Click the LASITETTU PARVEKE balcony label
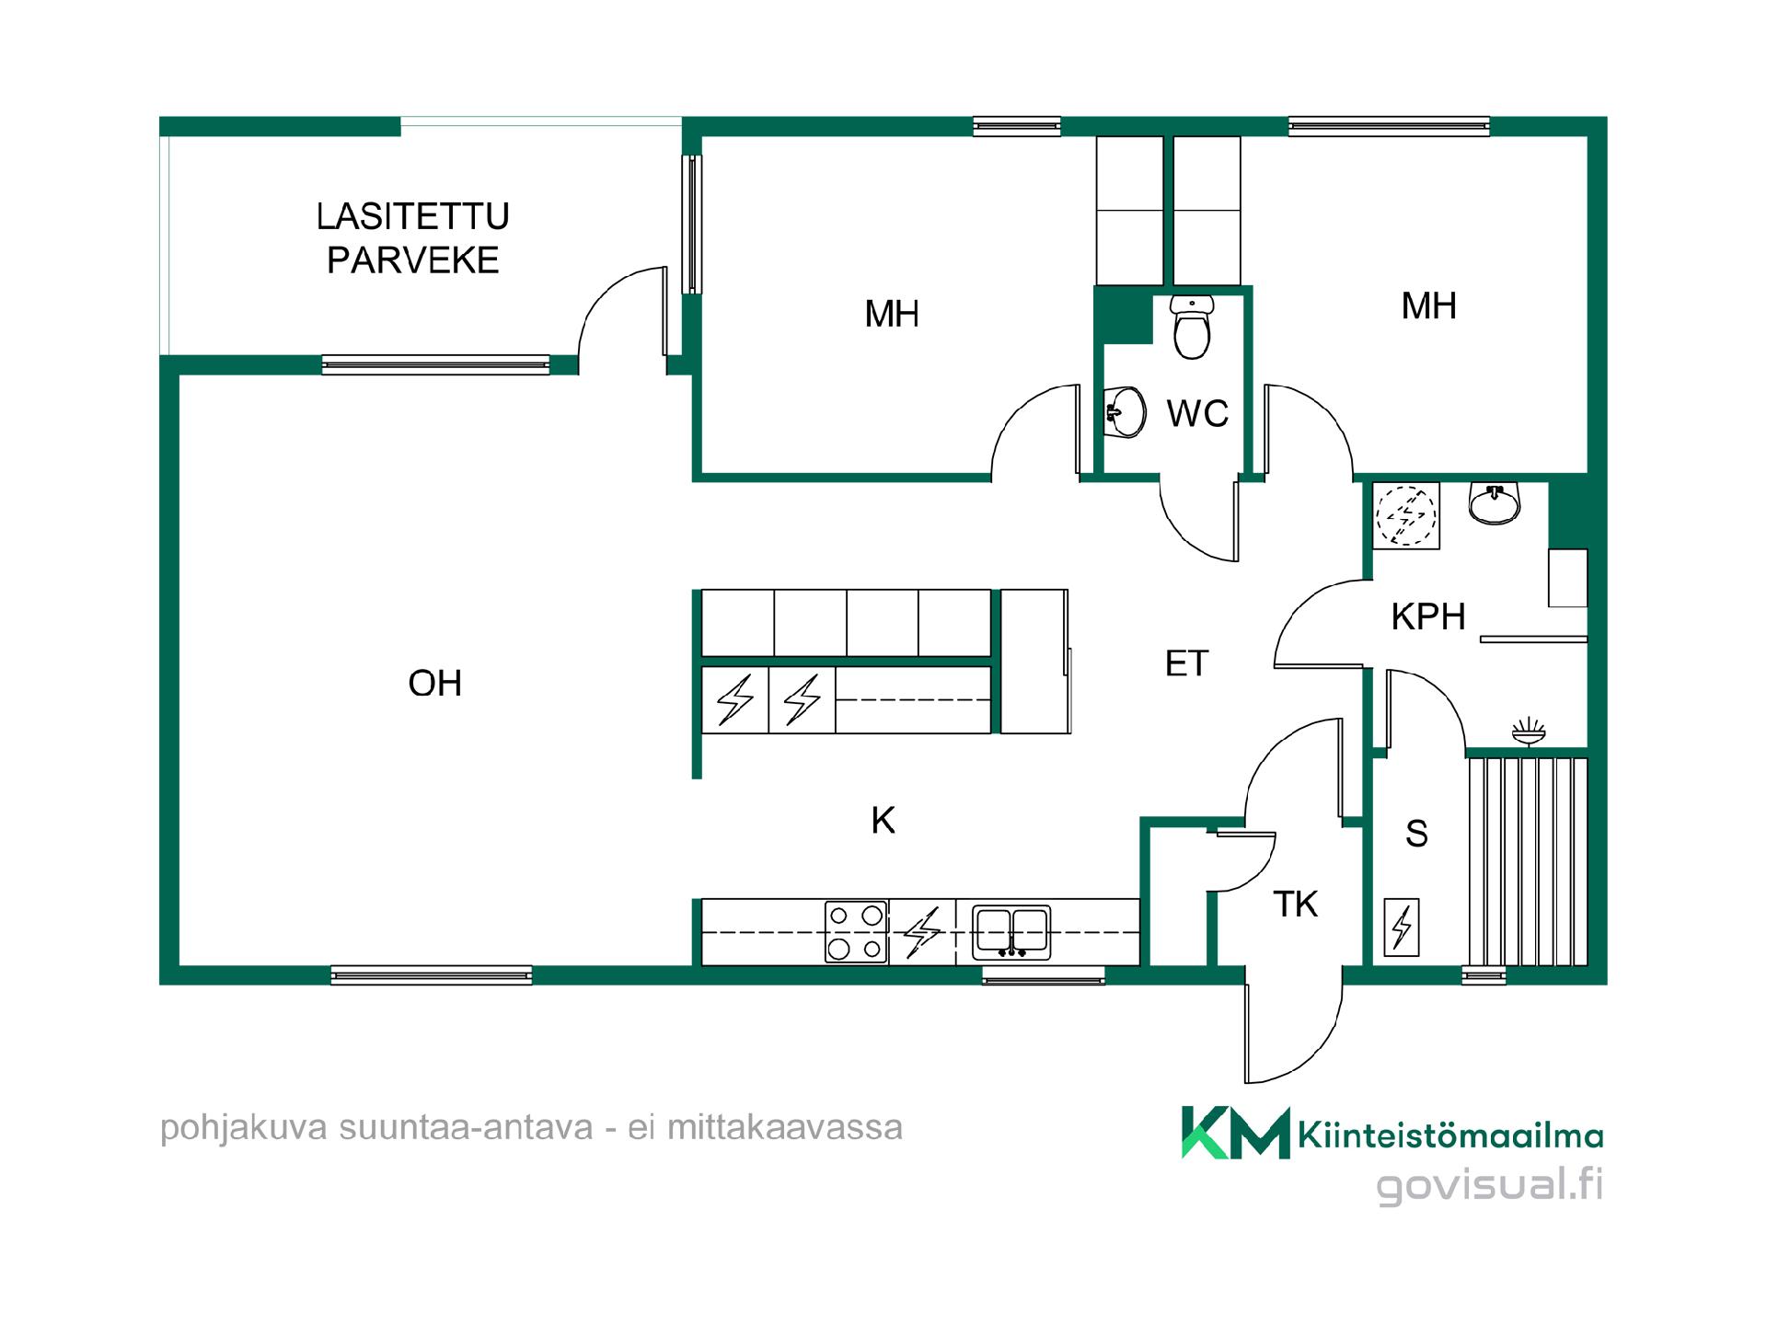[x=412, y=238]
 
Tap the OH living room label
[x=435, y=684]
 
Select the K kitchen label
[x=883, y=820]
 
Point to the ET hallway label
[x=1186, y=663]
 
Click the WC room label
[x=1197, y=414]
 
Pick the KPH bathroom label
[x=1428, y=616]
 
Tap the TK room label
[x=1296, y=904]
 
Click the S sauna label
[x=1416, y=834]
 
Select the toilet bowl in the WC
[x=1193, y=328]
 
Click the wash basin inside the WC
[x=1125, y=412]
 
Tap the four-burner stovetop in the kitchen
[x=856, y=931]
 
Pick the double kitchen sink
[x=1011, y=933]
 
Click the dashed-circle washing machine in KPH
[x=1405, y=515]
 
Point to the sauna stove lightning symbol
[x=1402, y=927]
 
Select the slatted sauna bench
[x=1528, y=861]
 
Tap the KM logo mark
[x=1236, y=1132]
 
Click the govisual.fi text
[x=1489, y=1184]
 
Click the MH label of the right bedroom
[x=1428, y=306]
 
